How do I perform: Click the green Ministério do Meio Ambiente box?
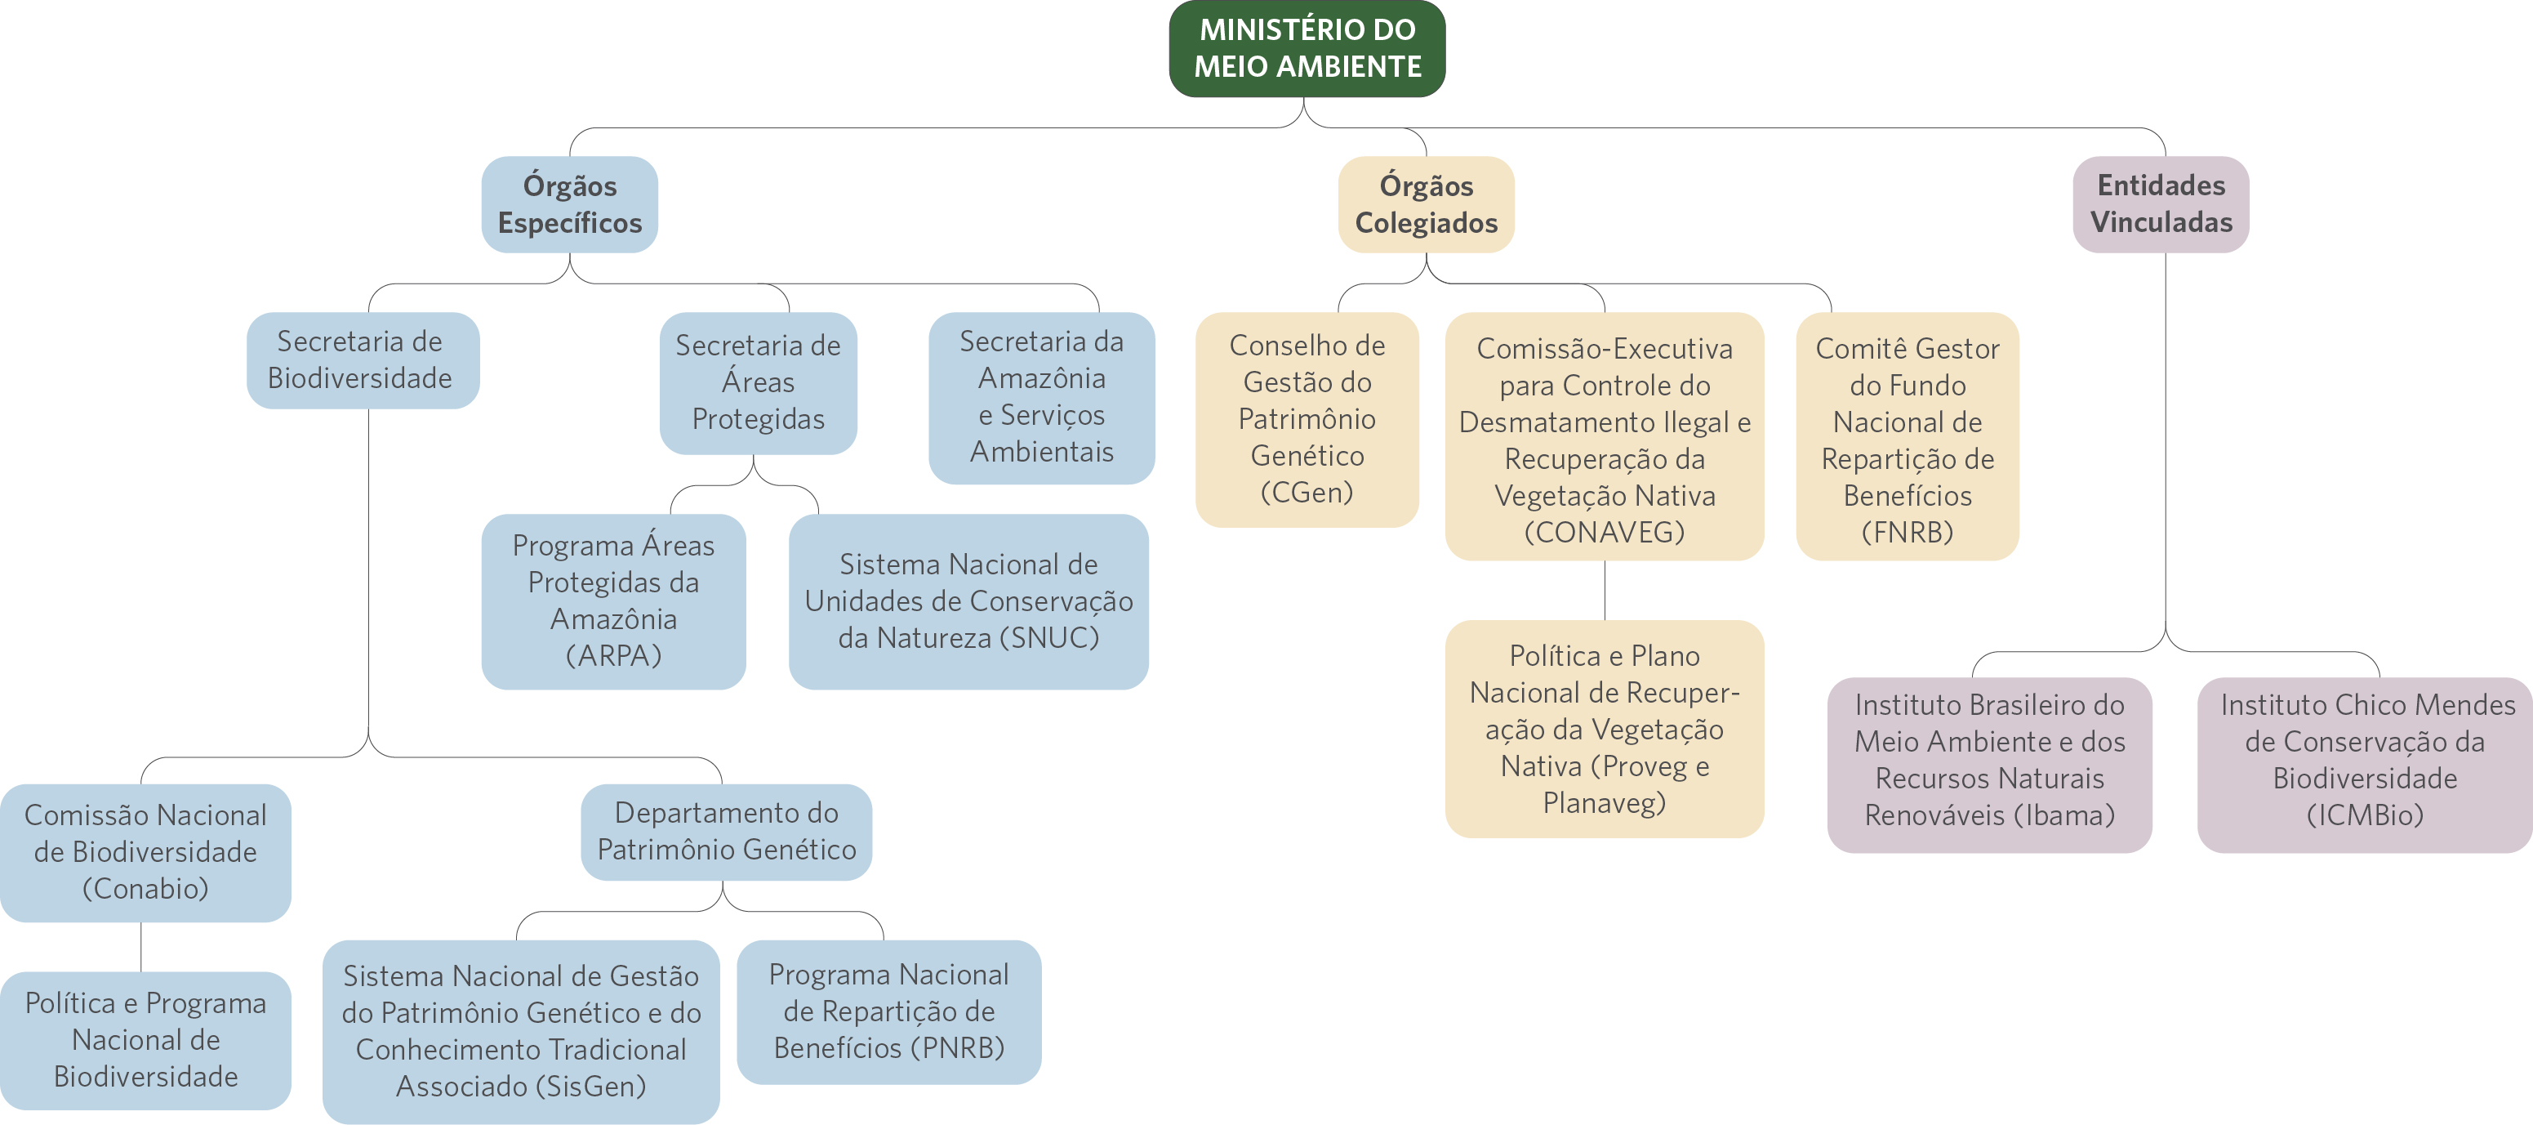1307,48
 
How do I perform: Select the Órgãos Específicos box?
569,204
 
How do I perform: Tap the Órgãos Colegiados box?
1426,204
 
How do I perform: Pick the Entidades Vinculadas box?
2161,203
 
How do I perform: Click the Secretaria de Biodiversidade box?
362,360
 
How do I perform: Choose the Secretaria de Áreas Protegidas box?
757,382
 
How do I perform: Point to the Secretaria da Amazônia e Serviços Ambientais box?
1041,397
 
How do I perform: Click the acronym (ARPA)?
613,656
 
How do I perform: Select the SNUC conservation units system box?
968,600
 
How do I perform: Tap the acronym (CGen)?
1307,493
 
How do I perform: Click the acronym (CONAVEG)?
1604,532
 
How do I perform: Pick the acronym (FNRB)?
1907,532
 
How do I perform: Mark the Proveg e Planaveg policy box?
1604,729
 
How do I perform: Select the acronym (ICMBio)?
2365,815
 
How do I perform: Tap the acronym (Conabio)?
145,889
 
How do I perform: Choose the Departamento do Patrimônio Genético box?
726,832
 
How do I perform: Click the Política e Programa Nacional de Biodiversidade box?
145,1039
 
